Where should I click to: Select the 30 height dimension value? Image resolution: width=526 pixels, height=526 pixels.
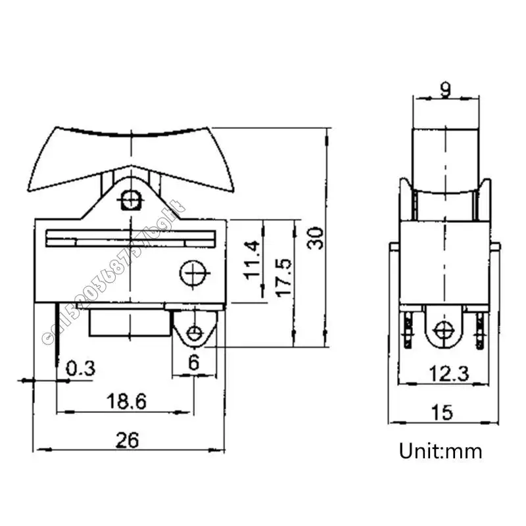[x=316, y=237]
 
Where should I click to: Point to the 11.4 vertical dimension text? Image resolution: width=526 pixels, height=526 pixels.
[x=252, y=260]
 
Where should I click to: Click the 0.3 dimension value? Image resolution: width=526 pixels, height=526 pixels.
[x=80, y=368]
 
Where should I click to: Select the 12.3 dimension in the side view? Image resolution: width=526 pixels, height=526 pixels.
[x=445, y=373]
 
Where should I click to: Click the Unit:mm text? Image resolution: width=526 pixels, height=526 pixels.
[x=441, y=451]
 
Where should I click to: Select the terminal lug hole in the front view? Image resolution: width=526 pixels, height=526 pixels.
[x=193, y=333]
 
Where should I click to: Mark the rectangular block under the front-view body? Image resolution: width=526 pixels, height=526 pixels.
[x=129, y=323]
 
